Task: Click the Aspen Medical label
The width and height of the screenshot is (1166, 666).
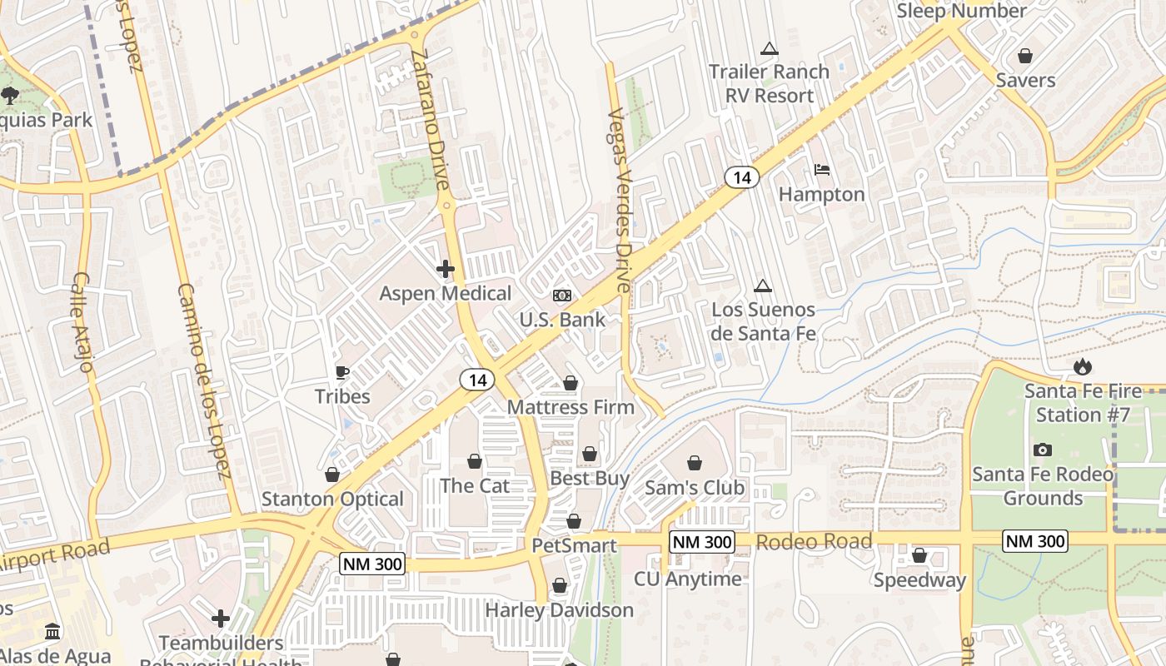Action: [446, 294]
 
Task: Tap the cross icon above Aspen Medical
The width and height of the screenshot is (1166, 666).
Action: [446, 269]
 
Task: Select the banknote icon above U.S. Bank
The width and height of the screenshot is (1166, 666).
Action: [562, 296]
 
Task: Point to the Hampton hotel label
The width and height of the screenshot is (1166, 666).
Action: [821, 195]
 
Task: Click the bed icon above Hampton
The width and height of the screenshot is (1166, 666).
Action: [822, 170]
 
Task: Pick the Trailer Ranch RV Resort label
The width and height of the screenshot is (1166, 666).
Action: [769, 83]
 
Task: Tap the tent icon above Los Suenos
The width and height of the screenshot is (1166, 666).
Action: [762, 286]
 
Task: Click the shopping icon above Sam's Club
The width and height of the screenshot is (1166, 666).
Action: [695, 463]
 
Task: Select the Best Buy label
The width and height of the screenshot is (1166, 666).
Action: [590, 479]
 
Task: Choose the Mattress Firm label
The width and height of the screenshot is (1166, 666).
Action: [571, 408]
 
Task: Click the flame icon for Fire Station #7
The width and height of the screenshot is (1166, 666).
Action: [1082, 366]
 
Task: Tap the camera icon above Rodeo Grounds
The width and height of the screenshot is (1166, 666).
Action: [1042, 450]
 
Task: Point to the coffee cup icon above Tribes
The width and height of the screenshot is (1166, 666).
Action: [341, 372]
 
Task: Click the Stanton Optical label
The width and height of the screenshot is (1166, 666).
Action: [332, 499]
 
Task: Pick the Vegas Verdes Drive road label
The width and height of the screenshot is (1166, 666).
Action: [620, 200]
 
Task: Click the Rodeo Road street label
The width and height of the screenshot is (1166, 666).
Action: [814, 542]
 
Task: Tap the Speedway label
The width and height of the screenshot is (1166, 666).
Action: [919, 580]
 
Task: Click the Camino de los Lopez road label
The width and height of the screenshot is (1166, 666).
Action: [203, 381]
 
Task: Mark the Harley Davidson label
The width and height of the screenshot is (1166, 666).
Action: [559, 610]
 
